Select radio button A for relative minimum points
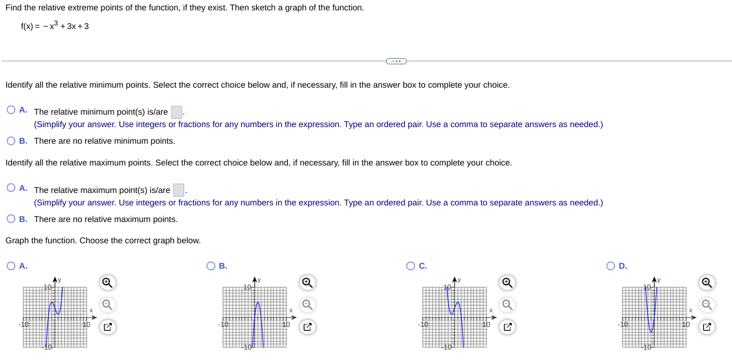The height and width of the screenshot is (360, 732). (x=11, y=110)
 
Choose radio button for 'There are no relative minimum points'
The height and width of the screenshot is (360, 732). (x=11, y=141)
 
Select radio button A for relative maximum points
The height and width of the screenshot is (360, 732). (x=11, y=188)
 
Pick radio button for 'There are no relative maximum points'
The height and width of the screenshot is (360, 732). (x=11, y=219)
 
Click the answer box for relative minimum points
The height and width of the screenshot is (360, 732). (x=176, y=112)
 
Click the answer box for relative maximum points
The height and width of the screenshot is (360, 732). (x=178, y=190)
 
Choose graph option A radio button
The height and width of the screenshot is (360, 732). (x=11, y=266)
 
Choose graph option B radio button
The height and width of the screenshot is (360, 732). (x=211, y=266)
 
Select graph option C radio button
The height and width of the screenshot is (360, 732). (x=410, y=266)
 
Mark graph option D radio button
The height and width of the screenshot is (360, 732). (x=611, y=266)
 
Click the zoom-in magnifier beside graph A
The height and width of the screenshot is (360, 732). (x=107, y=283)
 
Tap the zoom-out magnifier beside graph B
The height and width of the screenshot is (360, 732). (x=307, y=304)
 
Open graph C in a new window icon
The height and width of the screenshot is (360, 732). (x=507, y=327)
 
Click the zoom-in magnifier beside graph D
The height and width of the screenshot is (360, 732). (x=707, y=283)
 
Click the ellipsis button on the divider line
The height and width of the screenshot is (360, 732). (x=396, y=61)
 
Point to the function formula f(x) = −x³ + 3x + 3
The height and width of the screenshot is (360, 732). (x=55, y=26)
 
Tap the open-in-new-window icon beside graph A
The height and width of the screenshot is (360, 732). (x=107, y=327)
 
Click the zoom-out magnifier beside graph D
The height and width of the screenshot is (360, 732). (x=707, y=304)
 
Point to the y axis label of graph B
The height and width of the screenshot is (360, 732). (x=259, y=280)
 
